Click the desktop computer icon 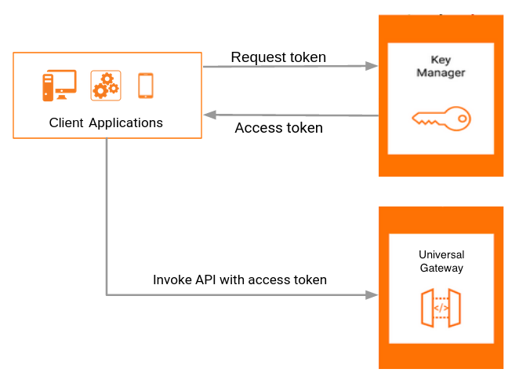tap(59, 86)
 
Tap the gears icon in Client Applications tap(106, 85)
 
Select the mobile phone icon tap(145, 86)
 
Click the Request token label tap(278, 57)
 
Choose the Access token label tap(278, 128)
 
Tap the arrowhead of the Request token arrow tap(372, 67)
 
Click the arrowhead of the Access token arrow tap(209, 115)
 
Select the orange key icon tap(441, 119)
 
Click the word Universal tap(441, 255)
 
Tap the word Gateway tap(441, 268)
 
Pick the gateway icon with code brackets tap(441, 308)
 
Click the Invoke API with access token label tap(240, 280)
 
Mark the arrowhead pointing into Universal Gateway tap(372, 295)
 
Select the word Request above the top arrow tap(255, 57)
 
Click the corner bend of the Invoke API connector tap(107, 295)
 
